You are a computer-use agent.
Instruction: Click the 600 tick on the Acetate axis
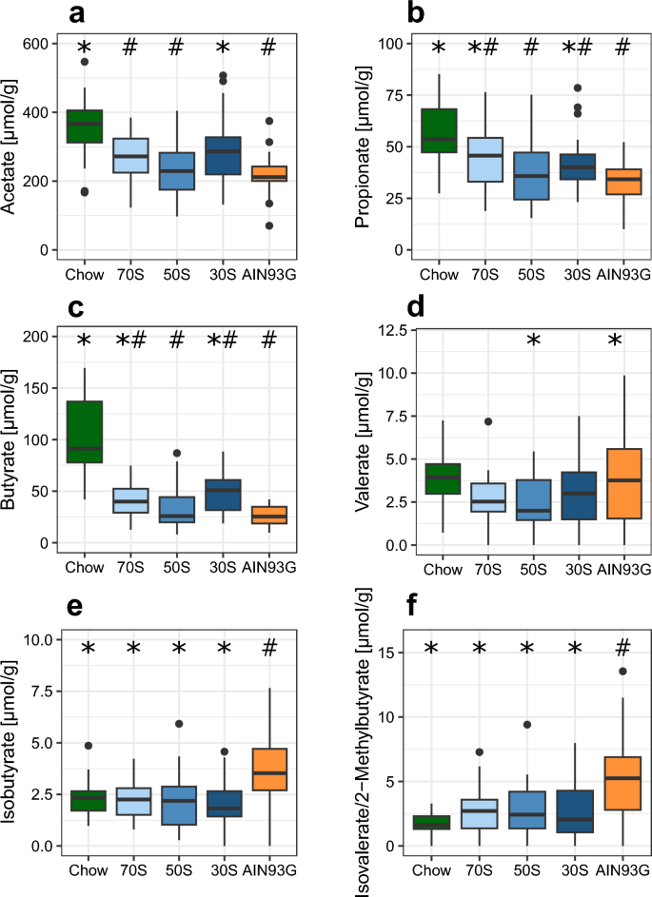click(39, 44)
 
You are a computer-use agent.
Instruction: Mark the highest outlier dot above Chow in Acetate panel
click(85, 62)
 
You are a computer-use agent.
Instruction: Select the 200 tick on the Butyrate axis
click(39, 338)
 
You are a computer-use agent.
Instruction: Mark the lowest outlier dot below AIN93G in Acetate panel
click(269, 225)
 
